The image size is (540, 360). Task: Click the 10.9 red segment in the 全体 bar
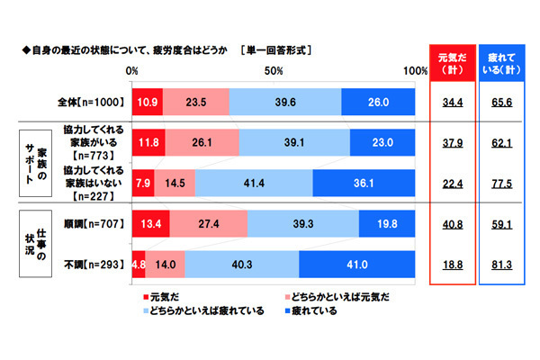pyautogui.click(x=148, y=103)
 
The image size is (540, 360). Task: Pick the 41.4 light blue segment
pyautogui.click(x=254, y=184)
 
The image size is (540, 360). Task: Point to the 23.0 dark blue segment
pyautogui.click(x=382, y=143)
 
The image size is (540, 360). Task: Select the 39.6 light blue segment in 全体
pyautogui.click(x=285, y=103)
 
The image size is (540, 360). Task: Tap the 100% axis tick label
pyautogui.click(x=415, y=71)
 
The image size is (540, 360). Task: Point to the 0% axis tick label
pyautogui.click(x=132, y=71)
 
